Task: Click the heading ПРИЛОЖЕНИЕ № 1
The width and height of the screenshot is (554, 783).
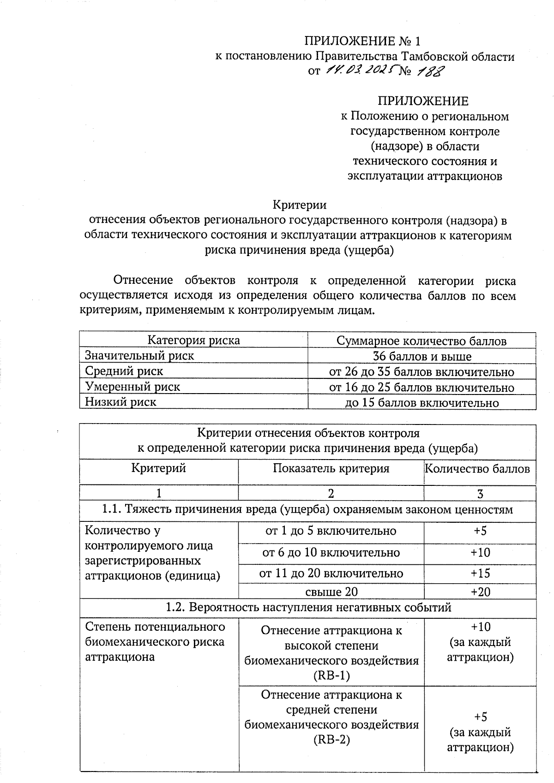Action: click(362, 41)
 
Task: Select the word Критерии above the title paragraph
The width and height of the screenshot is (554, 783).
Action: click(300, 204)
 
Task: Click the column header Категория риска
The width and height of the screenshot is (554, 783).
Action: click(193, 341)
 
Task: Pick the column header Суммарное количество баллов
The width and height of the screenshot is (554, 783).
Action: click(422, 341)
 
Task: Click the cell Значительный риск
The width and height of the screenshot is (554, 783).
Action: click(139, 356)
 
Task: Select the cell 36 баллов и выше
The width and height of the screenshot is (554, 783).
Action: click(422, 356)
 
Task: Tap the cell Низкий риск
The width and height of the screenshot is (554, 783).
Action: click(120, 401)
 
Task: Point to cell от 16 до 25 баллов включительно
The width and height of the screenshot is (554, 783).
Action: click(422, 387)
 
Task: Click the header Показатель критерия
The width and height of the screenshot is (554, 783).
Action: click(331, 469)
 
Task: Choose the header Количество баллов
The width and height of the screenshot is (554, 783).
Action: click(477, 469)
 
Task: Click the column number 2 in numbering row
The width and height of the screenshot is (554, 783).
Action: click(331, 493)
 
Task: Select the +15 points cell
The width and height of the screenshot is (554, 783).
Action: click(480, 573)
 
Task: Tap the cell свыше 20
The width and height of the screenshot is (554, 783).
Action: click(331, 592)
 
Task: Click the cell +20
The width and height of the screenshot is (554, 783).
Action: click(480, 592)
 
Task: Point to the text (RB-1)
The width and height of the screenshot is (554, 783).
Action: click(331, 676)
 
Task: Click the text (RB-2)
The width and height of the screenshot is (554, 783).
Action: click(331, 740)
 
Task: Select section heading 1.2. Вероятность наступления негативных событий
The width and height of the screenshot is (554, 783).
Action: click(308, 608)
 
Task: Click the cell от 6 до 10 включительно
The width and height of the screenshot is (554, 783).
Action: click(331, 552)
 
